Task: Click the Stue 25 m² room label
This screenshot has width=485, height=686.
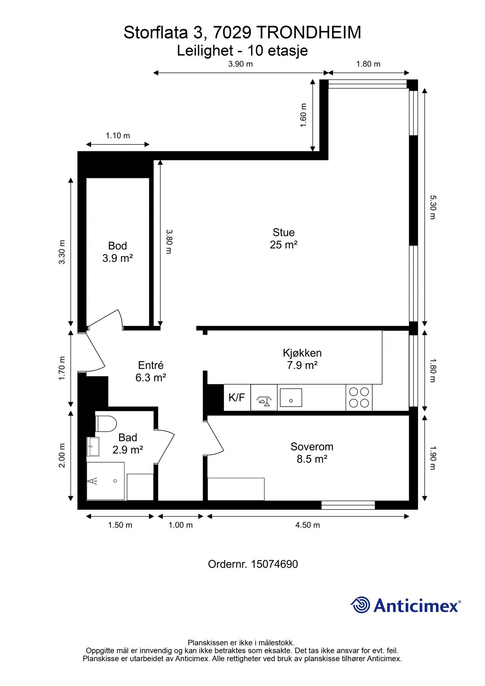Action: pos(283,239)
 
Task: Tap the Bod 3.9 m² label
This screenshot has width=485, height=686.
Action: pos(117,252)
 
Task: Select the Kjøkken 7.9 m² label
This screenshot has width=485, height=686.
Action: pos(302,359)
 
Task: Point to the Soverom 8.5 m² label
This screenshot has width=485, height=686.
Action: pos(312,452)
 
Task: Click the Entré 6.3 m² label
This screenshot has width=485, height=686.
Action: pos(150,371)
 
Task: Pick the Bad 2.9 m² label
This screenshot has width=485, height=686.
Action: pos(128,444)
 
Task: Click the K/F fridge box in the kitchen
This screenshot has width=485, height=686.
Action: pos(237,397)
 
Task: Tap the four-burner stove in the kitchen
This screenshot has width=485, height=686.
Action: pos(359,397)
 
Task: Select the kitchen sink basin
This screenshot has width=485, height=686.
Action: pos(291,397)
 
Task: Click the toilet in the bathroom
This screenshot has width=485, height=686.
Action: pos(107,423)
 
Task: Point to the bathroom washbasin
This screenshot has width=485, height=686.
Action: pos(93,446)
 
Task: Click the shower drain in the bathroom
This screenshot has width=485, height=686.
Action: pos(115,481)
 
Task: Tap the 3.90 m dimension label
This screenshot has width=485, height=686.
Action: pos(240,64)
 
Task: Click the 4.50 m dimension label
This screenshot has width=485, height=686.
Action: pos(307,525)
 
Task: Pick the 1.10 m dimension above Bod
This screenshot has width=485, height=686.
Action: pos(118,135)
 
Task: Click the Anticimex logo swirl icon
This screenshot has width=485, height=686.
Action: pos(360,605)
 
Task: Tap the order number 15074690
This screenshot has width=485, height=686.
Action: pos(274,564)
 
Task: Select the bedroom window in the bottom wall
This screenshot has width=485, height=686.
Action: pos(348,505)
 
